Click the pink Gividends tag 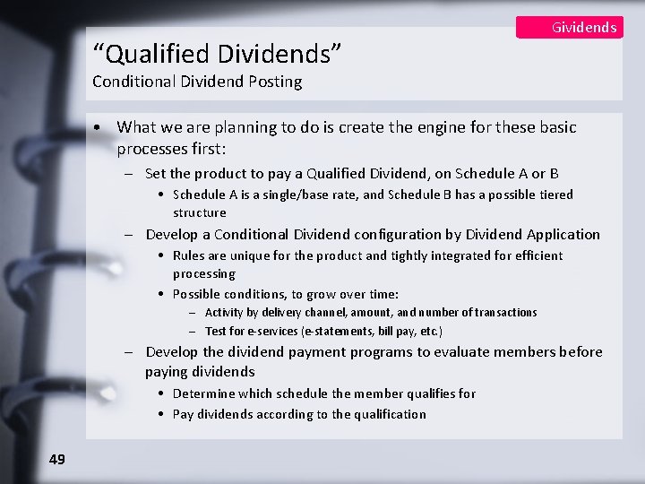coord(570,27)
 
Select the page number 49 coord(57,459)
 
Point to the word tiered coord(554,194)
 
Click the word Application coord(563,235)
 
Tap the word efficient coord(536,255)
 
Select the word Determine coord(203,393)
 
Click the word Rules coord(190,255)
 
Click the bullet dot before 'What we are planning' coord(106,128)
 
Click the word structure coord(200,212)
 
